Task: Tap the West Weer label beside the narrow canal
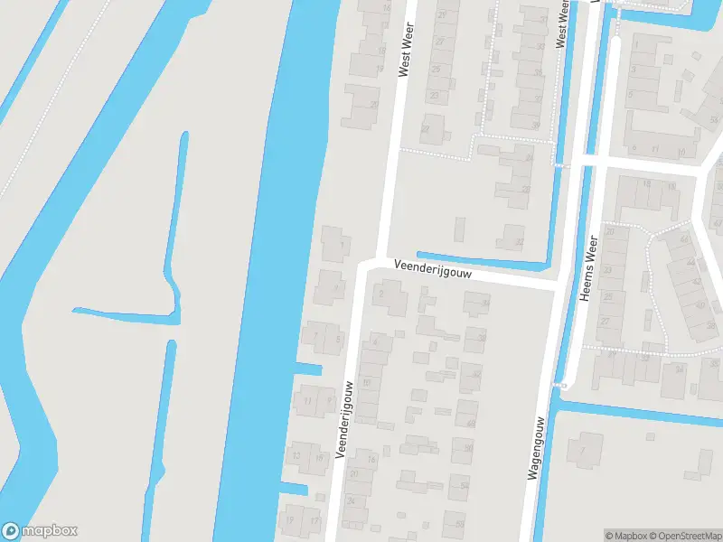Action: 562,23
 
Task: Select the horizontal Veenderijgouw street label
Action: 434,269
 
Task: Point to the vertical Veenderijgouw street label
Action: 345,418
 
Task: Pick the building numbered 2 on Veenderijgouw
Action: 380,294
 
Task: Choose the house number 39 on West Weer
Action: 543,20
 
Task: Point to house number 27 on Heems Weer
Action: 605,321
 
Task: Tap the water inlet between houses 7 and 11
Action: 307,369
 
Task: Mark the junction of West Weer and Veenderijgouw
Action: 371,263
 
